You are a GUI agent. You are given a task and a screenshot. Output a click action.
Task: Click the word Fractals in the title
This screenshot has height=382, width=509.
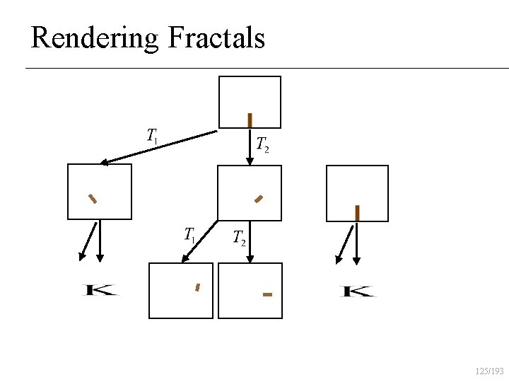point(217,37)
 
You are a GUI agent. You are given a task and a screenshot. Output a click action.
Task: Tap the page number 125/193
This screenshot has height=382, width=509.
point(489,371)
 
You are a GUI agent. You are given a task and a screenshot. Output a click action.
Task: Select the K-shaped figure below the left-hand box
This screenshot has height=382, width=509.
point(101,290)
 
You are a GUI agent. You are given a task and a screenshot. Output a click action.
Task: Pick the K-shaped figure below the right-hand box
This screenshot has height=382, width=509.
point(358,291)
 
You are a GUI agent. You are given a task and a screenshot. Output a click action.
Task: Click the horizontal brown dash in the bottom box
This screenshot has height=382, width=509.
point(267,294)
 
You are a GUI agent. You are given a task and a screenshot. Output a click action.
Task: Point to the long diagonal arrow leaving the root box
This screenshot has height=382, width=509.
point(158,147)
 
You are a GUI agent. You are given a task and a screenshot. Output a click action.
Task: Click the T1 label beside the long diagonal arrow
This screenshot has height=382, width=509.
point(152,135)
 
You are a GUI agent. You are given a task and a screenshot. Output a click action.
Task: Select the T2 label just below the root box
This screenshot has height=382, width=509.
point(262,145)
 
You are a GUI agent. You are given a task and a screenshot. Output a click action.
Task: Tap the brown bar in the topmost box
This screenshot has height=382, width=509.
point(250,120)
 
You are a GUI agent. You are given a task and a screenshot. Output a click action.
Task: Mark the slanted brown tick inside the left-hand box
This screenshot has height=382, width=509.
point(92,198)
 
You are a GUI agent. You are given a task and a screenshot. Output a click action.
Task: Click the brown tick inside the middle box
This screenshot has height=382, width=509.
point(259,199)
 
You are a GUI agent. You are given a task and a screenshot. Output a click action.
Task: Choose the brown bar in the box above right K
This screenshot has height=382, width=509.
point(357,212)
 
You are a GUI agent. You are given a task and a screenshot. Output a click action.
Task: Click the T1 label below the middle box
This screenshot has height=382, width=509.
point(189,235)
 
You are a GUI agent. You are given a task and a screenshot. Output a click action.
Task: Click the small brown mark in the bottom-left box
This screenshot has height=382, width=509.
point(197,287)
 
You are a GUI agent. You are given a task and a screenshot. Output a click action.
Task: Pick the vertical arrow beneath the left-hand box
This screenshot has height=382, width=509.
point(100,241)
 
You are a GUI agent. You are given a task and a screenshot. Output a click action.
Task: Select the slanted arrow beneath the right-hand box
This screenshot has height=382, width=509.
point(345,244)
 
